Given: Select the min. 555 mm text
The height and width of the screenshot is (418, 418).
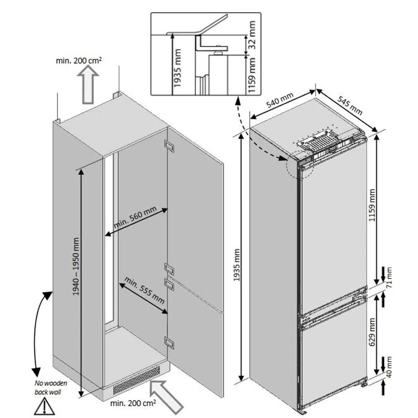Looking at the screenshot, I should coord(144,291).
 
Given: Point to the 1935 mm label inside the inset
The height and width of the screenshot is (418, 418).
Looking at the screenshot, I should coord(177,68).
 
